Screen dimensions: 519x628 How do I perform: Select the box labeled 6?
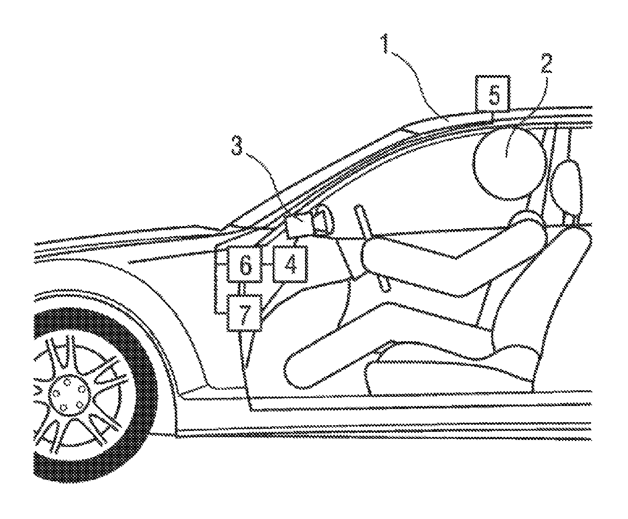point(245,264)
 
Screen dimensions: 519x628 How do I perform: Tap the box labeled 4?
point(290,264)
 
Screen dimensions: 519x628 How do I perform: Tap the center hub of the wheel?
point(68,393)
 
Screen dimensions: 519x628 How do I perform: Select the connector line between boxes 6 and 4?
point(267,265)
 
